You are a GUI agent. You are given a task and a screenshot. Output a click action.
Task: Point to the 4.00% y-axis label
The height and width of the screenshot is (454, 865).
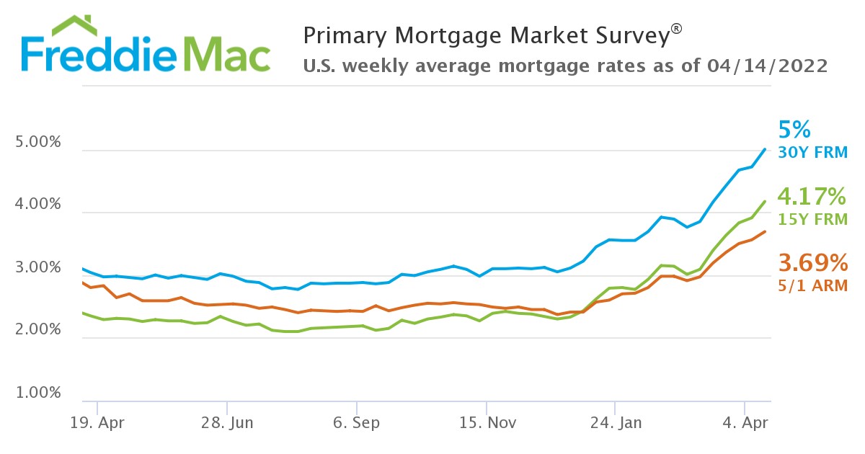[38, 205]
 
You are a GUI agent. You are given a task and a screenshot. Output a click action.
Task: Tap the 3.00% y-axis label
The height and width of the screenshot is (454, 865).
[38, 268]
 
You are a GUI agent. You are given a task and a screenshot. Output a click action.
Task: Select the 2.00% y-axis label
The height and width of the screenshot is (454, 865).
[38, 331]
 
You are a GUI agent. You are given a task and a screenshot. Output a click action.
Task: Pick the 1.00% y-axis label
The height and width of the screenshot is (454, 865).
[38, 393]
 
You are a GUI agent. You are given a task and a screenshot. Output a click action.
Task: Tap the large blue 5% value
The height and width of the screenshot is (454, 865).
[795, 130]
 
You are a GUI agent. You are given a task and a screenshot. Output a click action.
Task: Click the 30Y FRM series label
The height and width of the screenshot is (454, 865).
[813, 153]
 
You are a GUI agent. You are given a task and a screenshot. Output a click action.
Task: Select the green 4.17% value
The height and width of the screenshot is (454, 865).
[812, 195]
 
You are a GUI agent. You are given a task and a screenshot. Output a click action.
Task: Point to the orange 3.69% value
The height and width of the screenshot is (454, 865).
[812, 262]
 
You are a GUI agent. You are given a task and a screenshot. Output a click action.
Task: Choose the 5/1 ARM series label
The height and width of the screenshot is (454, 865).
[812, 285]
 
